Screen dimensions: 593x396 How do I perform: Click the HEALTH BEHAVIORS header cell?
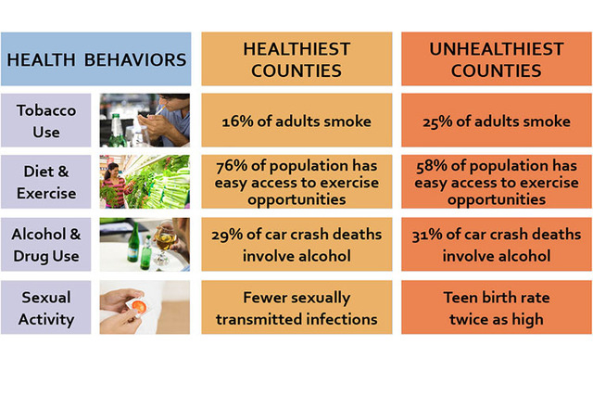tap(96, 59)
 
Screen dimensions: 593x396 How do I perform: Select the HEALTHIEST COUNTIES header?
tap(296, 59)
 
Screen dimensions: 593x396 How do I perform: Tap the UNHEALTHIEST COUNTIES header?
tap(497, 59)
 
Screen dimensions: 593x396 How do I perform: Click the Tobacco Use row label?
tap(46, 121)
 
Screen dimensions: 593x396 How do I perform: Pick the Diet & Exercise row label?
tap(46, 182)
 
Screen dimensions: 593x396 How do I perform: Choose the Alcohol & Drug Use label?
tap(46, 245)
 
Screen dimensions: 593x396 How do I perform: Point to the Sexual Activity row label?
tap(46, 307)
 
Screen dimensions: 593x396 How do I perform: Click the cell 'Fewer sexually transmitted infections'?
tap(296, 307)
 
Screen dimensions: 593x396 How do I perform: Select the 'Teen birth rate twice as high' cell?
tap(497, 307)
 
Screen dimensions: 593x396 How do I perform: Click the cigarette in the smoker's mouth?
tap(160, 109)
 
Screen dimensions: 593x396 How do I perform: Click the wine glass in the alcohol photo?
tap(165, 244)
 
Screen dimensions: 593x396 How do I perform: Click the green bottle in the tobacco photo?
tap(118, 130)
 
